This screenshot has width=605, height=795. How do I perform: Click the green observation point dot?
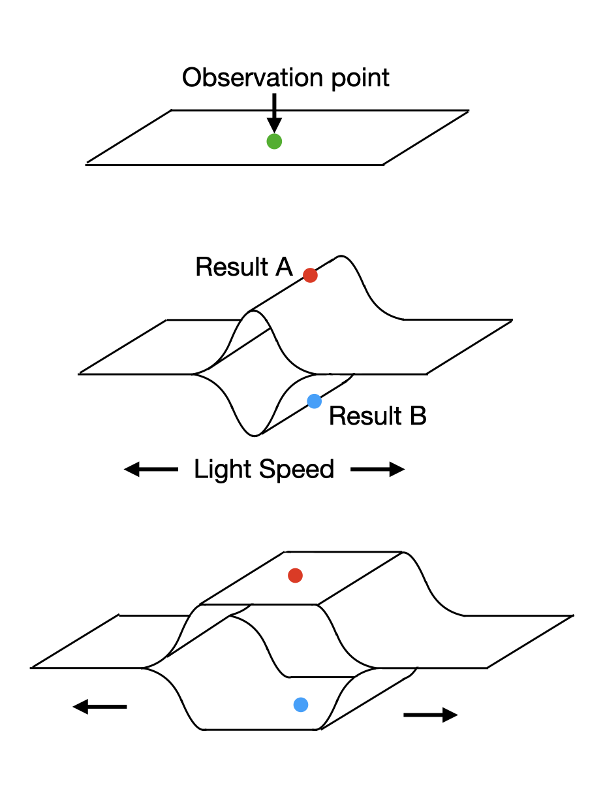coord(274,141)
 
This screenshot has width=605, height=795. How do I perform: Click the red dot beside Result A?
coord(310,275)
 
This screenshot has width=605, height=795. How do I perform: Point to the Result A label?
coord(244,267)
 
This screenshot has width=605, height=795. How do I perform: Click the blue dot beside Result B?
coord(314,401)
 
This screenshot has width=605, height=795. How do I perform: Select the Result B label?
coord(377,415)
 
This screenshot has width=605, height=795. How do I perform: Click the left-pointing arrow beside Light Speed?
coord(151,469)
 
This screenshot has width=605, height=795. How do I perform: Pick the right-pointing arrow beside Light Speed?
coord(378,469)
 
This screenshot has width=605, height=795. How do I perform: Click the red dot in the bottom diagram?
coord(295,575)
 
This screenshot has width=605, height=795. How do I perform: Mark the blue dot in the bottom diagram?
coord(300,704)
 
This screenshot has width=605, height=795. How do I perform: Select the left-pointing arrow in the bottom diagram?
coord(99,706)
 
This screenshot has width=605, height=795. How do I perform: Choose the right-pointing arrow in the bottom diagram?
coord(431,715)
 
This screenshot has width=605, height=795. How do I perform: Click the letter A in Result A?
coord(284,267)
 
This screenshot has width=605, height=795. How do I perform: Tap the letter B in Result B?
coord(418,415)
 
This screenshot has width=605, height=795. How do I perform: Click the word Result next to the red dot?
coord(232,267)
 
